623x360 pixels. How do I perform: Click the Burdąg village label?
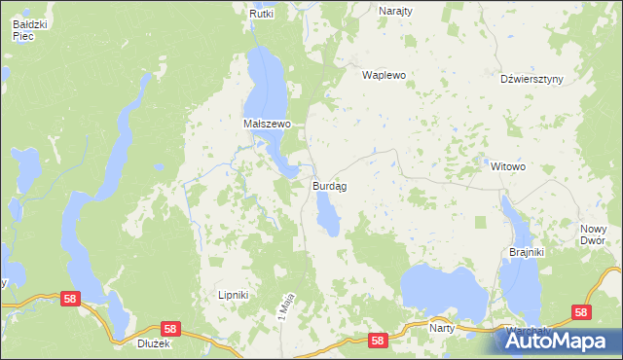click(x=331, y=185)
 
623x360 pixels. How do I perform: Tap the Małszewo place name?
click(x=267, y=125)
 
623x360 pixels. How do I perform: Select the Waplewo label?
click(x=384, y=75)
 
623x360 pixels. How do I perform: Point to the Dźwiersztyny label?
click(x=531, y=80)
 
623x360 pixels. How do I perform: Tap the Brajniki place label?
click(x=527, y=252)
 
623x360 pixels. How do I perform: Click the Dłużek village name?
click(x=155, y=342)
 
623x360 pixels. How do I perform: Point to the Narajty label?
click(x=395, y=10)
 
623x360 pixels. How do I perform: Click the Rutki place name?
click(x=262, y=14)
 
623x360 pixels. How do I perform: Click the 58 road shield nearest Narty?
click(x=379, y=340)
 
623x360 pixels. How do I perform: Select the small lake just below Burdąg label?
click(x=327, y=213)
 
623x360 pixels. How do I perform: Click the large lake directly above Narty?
click(x=443, y=289)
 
